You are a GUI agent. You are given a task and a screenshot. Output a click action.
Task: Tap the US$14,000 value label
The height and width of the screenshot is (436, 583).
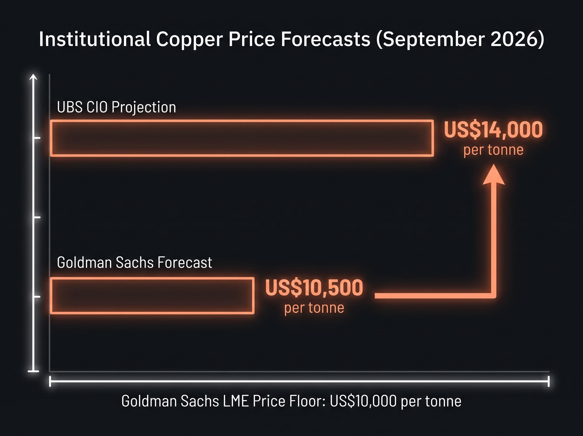coord(493,130)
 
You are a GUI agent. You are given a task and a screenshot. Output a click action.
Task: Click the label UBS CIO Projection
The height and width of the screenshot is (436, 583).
coord(116,107)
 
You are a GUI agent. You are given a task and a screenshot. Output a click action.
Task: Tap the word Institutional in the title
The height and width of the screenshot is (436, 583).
coord(95,39)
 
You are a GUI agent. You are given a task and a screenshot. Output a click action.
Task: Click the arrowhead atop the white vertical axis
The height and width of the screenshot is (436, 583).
coord(33,77)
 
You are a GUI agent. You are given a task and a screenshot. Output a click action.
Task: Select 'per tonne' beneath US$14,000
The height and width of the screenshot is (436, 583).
coord(493,150)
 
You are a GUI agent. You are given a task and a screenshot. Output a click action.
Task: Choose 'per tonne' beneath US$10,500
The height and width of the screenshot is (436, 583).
coord(314,308)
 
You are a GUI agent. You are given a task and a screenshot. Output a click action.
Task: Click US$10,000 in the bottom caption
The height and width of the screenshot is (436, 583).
coord(363,401)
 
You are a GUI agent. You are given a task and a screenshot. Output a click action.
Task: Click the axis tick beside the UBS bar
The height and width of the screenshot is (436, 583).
coord(37,138)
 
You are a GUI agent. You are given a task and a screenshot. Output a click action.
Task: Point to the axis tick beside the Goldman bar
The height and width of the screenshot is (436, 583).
coord(37,297)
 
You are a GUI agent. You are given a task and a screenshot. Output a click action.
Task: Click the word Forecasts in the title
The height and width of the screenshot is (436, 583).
coord(326,39)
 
